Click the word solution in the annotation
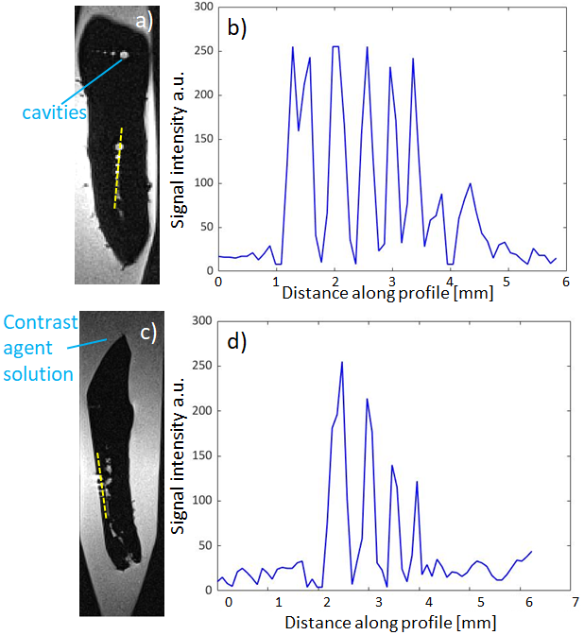(37, 374)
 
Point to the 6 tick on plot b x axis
(566, 282)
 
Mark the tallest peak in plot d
(341, 362)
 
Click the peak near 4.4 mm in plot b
(470, 184)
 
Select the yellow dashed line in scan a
(118, 168)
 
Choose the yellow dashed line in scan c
(101, 484)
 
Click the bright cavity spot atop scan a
(123, 55)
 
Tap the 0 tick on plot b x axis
(218, 282)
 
